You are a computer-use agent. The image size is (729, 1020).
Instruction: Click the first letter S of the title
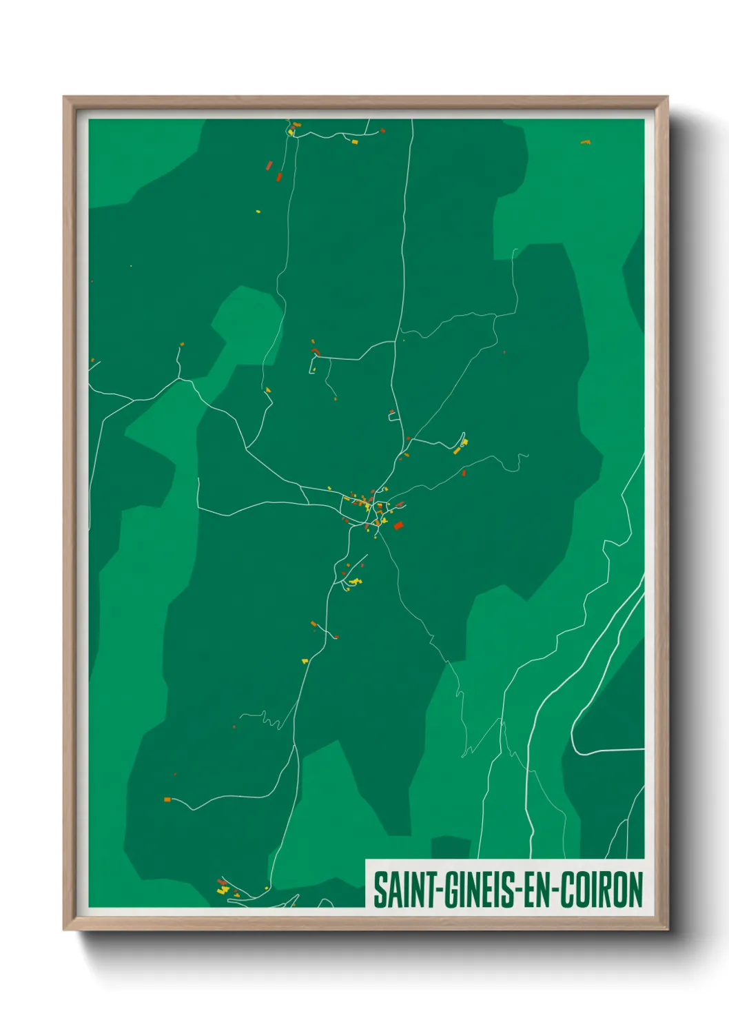click(x=378, y=890)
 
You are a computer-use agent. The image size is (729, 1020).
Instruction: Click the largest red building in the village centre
click(x=398, y=526)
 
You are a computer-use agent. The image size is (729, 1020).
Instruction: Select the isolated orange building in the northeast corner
click(x=585, y=142)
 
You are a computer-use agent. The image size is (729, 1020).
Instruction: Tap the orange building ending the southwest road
click(x=167, y=799)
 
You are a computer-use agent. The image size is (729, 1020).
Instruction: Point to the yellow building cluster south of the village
click(x=354, y=582)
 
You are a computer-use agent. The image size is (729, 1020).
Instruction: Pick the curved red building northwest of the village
click(x=316, y=352)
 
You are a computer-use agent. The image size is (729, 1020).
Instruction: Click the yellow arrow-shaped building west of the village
click(x=268, y=390)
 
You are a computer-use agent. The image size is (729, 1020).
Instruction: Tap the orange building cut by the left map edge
click(x=92, y=360)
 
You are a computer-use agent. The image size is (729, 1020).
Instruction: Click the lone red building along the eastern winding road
click(x=464, y=473)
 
